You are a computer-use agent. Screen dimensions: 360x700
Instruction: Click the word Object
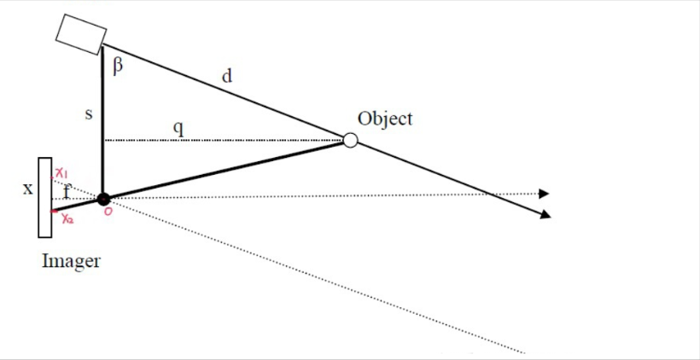384,119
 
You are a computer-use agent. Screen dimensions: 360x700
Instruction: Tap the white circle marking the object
350,140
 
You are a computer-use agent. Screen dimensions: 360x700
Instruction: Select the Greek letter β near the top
119,65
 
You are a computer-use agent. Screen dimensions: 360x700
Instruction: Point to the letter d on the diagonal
226,77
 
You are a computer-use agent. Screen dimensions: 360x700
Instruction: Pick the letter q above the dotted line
178,128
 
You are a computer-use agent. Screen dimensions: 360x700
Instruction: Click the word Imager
71,261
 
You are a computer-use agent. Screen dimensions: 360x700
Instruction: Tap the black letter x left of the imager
27,188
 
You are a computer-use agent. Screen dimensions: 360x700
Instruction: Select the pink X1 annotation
62,174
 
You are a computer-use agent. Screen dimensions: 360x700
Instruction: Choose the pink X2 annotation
68,218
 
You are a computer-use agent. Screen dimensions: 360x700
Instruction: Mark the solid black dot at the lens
104,198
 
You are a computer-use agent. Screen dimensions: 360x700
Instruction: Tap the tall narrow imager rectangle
44,197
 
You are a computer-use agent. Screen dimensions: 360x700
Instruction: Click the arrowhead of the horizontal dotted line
544,194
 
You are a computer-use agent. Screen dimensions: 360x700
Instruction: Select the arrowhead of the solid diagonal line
544,214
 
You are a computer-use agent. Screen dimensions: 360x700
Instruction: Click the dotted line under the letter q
222,140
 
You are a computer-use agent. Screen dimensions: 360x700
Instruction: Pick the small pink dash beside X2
55,210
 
